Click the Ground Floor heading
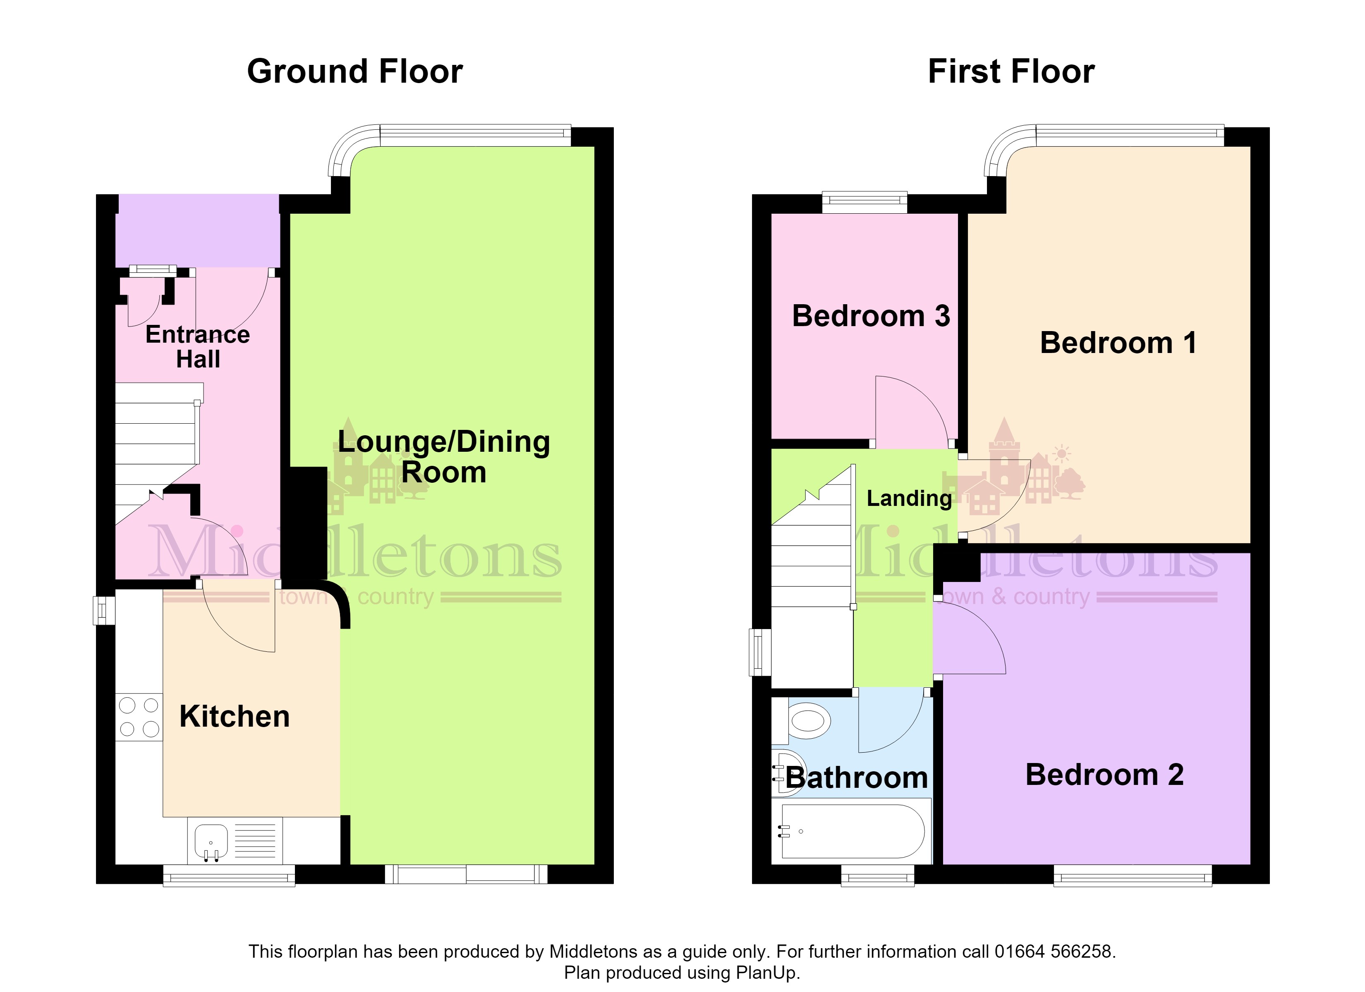click(x=355, y=72)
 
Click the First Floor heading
click(x=1011, y=72)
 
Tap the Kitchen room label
click(x=235, y=716)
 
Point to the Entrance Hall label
click(x=198, y=346)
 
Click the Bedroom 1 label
click(x=1118, y=343)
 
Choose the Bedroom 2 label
click(x=1104, y=775)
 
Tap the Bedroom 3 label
click(x=871, y=316)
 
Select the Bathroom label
click(x=857, y=778)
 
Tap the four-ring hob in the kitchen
click(x=139, y=717)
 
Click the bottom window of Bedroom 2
click(x=1133, y=876)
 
